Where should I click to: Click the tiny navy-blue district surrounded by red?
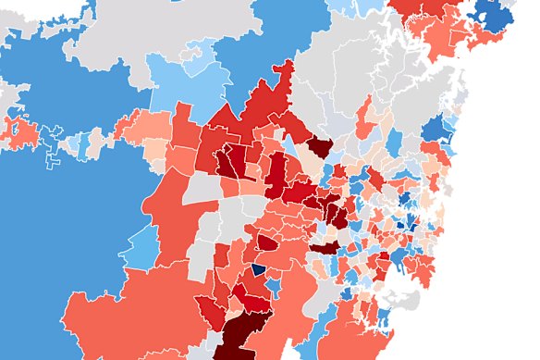pyautogui.click(x=259, y=269)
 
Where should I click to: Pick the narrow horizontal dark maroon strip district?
pyautogui.click(x=325, y=248)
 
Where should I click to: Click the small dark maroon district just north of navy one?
pyautogui.click(x=266, y=243)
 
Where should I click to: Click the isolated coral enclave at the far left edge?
pyautogui.click(x=20, y=132)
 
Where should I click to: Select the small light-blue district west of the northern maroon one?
pyautogui.click(x=290, y=148)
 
